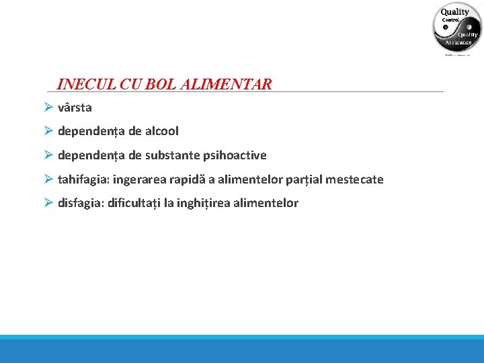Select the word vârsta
coord(75,108)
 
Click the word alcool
coord(160,131)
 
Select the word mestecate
coord(355,179)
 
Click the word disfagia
coord(80,203)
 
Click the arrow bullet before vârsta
coord(48,108)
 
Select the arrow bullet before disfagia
coord(48,203)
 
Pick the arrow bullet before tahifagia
coord(48,179)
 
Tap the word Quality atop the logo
coord(455,12)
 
